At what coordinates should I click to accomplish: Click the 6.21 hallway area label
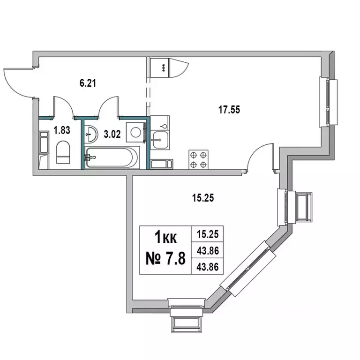tap(88, 83)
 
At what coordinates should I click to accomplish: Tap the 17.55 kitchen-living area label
tap(229, 110)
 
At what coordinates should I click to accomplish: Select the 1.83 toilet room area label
tap(62, 130)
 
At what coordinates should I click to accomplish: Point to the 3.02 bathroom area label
tap(112, 134)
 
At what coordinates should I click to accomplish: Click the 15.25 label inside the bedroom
tap(203, 198)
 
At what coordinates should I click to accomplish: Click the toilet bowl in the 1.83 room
tap(63, 152)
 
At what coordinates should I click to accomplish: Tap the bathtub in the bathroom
tap(112, 157)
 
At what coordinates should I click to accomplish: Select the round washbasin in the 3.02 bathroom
tap(91, 134)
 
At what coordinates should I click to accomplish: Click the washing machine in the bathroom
tap(135, 133)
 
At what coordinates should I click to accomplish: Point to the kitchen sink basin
tap(160, 140)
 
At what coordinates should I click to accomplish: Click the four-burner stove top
tap(198, 159)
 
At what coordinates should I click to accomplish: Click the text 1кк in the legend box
tap(166, 237)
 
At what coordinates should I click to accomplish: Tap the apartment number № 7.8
tap(165, 258)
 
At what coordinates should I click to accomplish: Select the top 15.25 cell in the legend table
tap(207, 234)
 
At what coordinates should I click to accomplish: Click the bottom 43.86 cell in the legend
tap(207, 267)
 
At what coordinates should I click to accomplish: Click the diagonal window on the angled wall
tap(247, 269)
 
